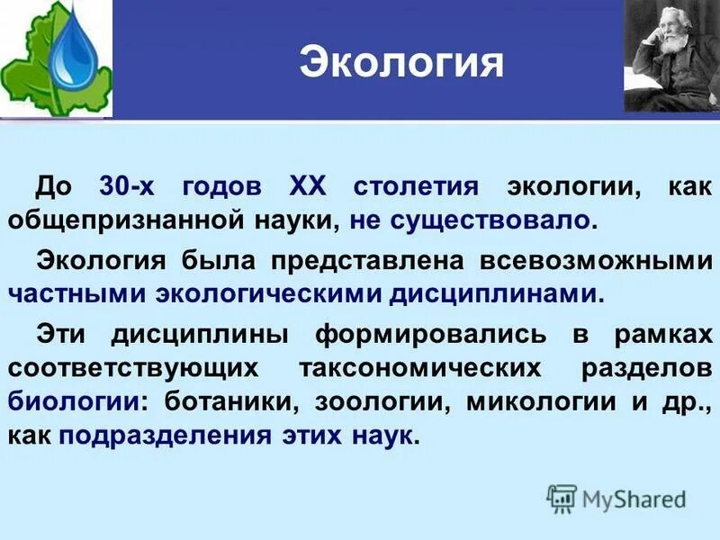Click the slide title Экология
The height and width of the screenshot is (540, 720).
coord(400,62)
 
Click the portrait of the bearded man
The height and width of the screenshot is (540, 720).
coord(670,57)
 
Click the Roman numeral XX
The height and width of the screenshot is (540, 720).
coord(310,187)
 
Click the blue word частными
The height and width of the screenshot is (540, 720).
coord(78,292)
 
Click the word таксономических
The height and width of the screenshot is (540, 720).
coord(418,367)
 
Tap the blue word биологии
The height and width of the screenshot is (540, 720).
coord(70,400)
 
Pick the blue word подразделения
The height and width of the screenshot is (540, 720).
coord(166,435)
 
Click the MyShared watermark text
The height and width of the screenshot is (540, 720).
coord(633,498)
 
